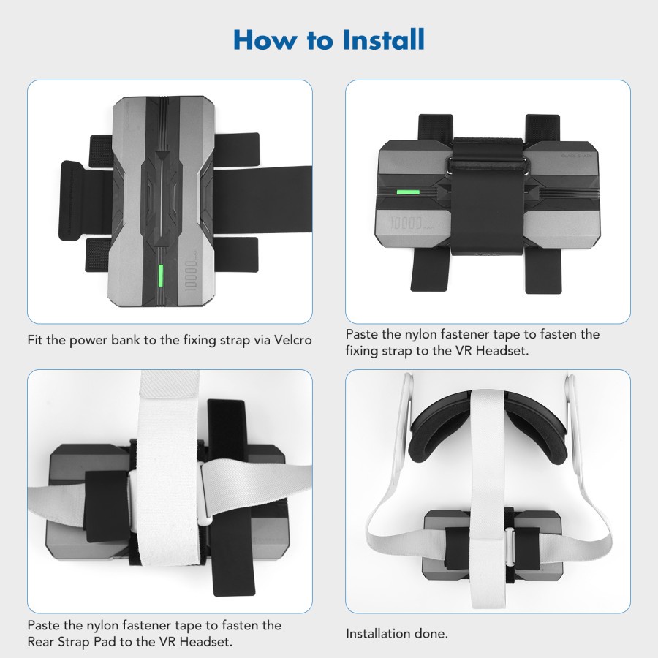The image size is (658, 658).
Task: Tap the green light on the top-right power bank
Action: pyautogui.click(x=406, y=194)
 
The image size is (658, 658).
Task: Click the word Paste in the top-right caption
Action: pyautogui.click(x=363, y=334)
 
